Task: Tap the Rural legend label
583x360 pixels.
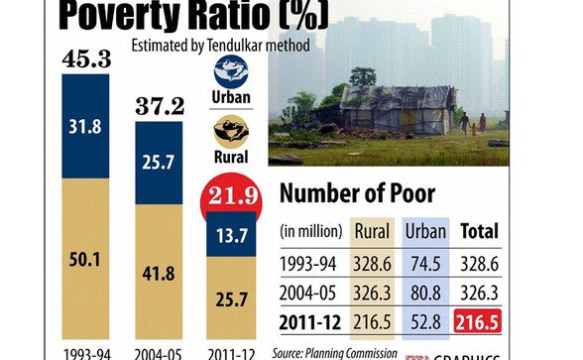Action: coord(232,156)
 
